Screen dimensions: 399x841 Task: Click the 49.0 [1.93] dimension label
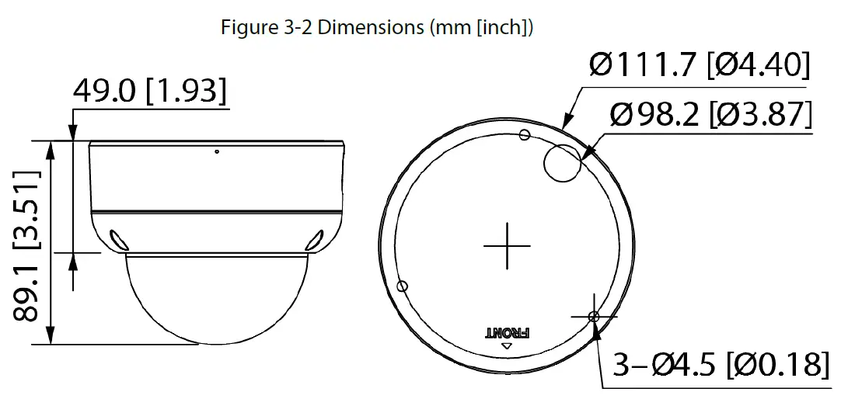pyautogui.click(x=150, y=92)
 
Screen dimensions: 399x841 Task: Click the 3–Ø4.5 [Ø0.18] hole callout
pyautogui.click(x=719, y=364)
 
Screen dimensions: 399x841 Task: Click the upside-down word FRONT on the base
pyautogui.click(x=507, y=332)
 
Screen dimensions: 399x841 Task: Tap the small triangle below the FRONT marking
pyautogui.click(x=507, y=346)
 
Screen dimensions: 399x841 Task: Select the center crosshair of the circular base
pyautogui.click(x=507, y=246)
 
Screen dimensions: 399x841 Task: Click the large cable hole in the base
pyautogui.click(x=562, y=164)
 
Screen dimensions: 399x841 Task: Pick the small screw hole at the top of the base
pyautogui.click(x=524, y=136)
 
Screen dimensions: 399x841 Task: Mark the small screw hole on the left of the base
pyautogui.click(x=402, y=286)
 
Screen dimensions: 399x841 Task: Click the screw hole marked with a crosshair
pyautogui.click(x=594, y=316)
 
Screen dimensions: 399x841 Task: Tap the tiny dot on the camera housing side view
pyautogui.click(x=216, y=151)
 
